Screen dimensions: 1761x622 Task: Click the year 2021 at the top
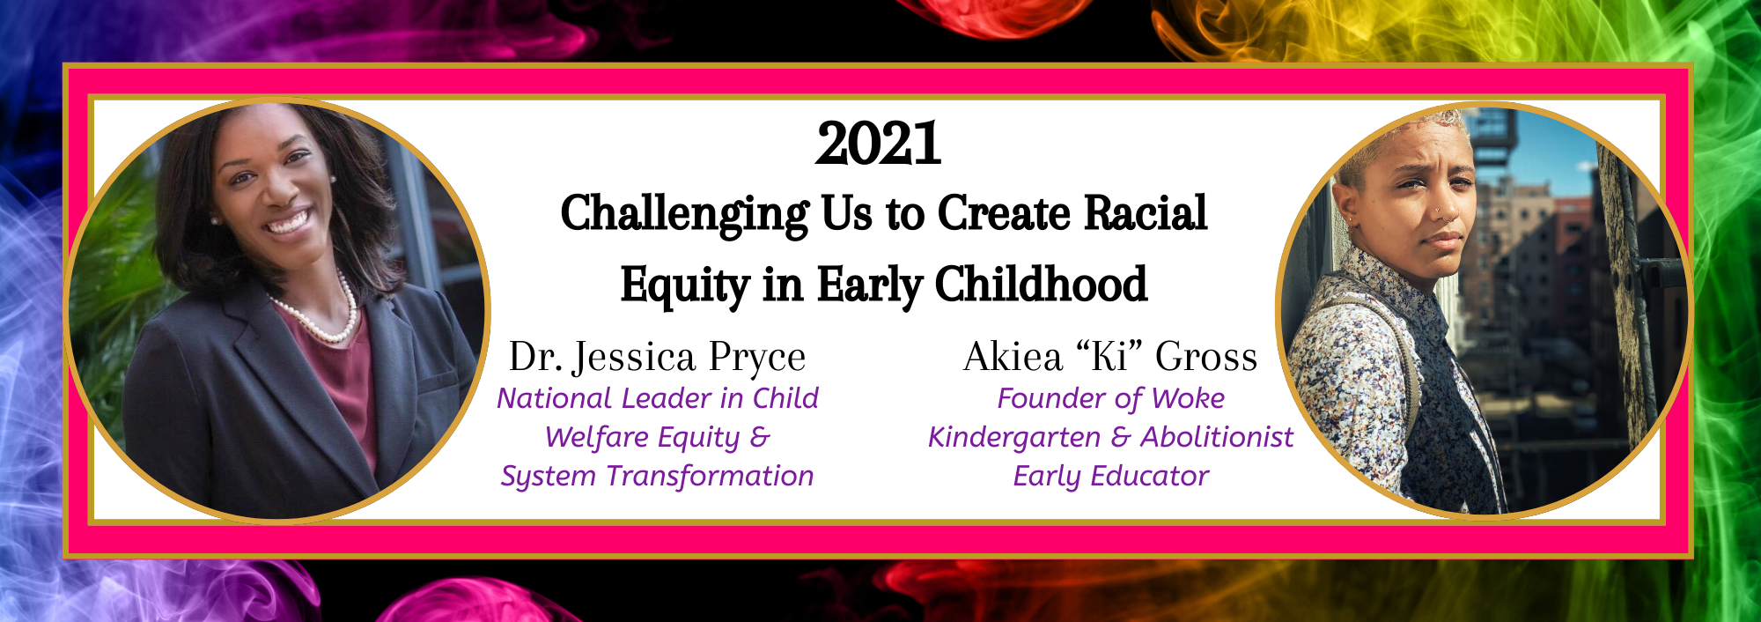pyautogui.click(x=879, y=144)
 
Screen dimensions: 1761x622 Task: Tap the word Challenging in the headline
pyautogui.click(x=684, y=215)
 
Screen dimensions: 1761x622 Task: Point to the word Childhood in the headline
pyautogui.click(x=1041, y=284)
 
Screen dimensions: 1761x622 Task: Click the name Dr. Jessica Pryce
pyautogui.click(x=657, y=357)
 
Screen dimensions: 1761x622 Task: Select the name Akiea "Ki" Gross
pyautogui.click(x=1110, y=357)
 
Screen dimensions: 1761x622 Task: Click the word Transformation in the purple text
pyautogui.click(x=710, y=476)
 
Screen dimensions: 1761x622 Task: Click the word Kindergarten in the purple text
pyautogui.click(x=1014, y=438)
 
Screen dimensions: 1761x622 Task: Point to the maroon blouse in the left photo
pyautogui.click(x=335, y=388)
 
